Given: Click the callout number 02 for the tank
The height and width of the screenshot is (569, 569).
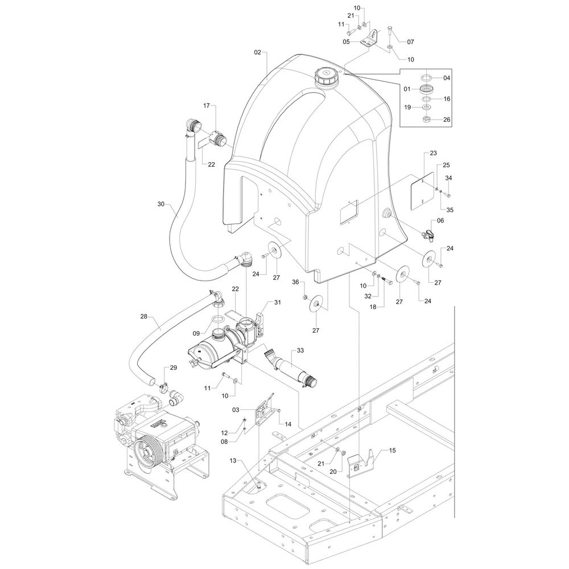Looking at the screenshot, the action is tap(257, 52).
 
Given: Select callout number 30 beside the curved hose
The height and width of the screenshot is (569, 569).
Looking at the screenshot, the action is tap(161, 204).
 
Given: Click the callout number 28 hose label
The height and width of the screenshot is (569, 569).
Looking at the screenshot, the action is tap(144, 316).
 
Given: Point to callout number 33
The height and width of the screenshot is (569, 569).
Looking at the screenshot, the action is tap(300, 350).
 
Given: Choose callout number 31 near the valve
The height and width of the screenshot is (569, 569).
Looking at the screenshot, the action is tap(278, 302).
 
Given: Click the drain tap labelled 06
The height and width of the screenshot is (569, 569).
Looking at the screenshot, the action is tap(428, 234).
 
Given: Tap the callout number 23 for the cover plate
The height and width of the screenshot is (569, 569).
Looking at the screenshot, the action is tap(433, 153).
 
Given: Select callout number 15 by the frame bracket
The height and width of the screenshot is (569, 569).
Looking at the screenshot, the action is tap(392, 450).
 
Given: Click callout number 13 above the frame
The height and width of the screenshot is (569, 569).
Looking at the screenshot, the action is tap(233, 460).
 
